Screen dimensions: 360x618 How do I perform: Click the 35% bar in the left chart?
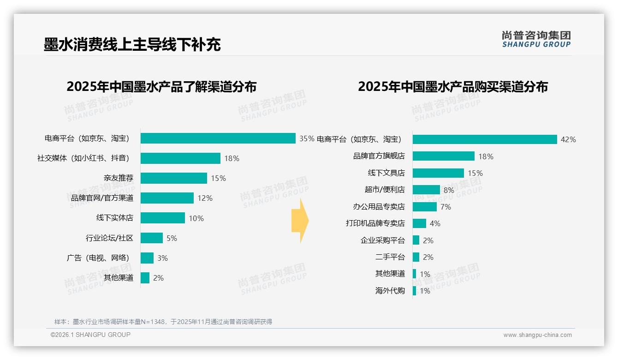click(218, 138)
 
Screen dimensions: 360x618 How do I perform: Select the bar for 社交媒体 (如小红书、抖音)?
click(180, 158)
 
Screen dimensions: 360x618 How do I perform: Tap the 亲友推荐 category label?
click(118, 178)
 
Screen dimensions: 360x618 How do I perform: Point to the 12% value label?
click(205, 198)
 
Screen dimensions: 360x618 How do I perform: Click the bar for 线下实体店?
click(162, 218)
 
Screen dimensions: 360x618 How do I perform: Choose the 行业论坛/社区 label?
click(109, 238)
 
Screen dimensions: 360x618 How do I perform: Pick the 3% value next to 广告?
click(162, 258)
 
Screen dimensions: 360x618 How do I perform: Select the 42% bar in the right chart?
click(484, 139)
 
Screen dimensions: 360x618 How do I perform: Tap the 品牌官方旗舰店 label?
click(379, 156)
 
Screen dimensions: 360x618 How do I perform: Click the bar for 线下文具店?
click(438, 173)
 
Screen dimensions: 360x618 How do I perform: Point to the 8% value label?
click(449, 190)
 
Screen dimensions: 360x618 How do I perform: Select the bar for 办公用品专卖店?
click(424, 207)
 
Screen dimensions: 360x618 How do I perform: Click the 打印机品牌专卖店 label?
click(375, 223)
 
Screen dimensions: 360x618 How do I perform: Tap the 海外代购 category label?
click(390, 291)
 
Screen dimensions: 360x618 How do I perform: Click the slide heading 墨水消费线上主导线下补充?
click(132, 44)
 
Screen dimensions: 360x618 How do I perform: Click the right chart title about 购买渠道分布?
click(452, 87)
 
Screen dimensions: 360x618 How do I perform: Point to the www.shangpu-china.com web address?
click(537, 335)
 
